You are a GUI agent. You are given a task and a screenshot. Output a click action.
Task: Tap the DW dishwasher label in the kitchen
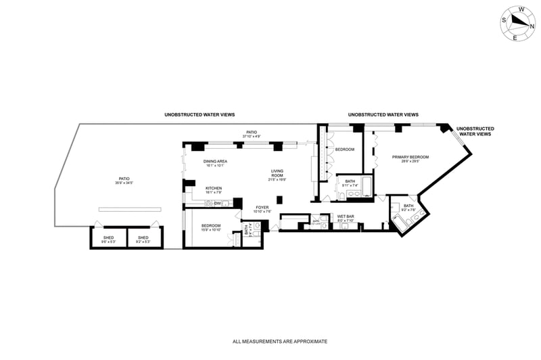tap(218, 203)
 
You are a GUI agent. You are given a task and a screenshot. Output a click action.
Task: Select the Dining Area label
tap(215, 161)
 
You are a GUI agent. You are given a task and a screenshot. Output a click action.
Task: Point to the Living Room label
tap(277, 173)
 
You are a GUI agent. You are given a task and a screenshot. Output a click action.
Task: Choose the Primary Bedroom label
tap(410, 157)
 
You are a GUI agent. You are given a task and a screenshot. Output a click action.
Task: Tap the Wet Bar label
tap(346, 217)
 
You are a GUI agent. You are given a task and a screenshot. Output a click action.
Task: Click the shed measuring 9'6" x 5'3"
tap(108, 238)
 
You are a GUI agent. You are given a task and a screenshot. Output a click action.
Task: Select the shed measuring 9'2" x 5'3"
tap(143, 238)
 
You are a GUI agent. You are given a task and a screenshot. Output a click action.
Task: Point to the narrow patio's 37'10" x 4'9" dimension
tap(252, 136)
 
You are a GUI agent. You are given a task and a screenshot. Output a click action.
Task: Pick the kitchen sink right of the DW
tap(227, 203)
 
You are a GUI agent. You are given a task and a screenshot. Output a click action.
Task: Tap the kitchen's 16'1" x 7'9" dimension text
tap(214, 192)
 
